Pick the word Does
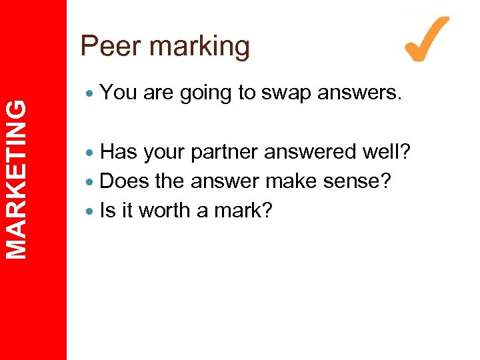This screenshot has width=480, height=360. (125, 181)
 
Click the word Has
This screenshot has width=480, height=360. (119, 152)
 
